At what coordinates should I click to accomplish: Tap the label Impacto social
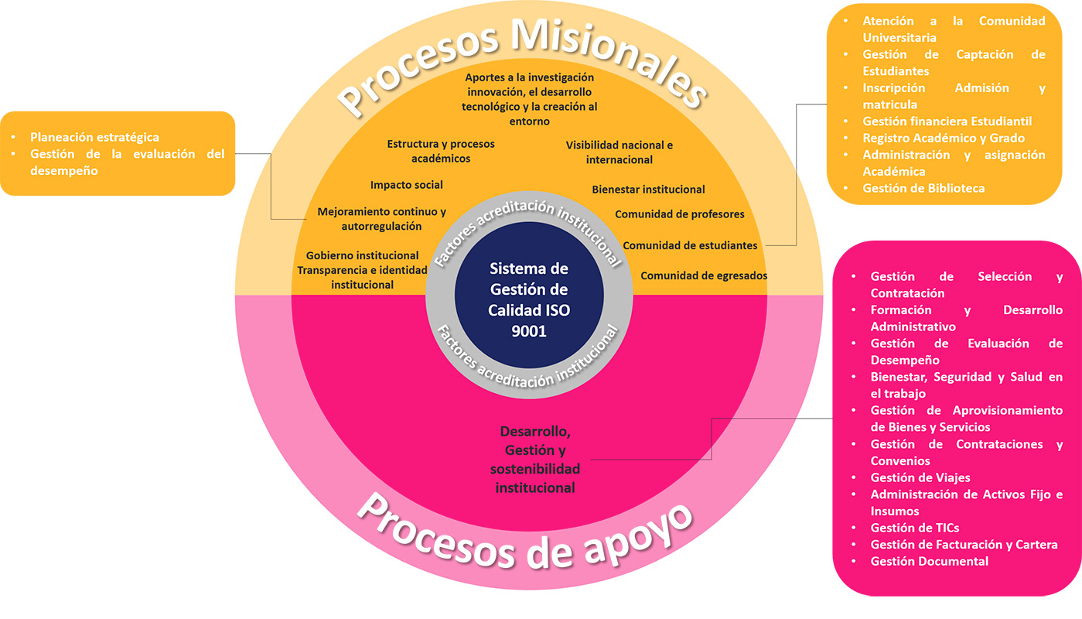(407, 185)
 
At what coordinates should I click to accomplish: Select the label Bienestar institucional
(648, 190)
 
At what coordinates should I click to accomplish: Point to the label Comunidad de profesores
(679, 214)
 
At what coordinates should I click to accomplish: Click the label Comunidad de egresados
(704, 275)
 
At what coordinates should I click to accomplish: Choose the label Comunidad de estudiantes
(690, 245)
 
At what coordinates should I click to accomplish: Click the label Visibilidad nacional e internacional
(619, 152)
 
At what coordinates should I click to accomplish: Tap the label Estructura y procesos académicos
(441, 151)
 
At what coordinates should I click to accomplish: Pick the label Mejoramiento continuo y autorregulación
(381, 219)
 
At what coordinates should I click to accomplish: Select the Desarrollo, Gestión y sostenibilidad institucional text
(535, 460)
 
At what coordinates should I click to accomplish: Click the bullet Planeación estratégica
(94, 138)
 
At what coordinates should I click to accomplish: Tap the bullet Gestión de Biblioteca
(923, 188)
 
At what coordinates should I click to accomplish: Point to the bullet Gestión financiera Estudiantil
(947, 121)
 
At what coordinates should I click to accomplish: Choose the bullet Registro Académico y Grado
(944, 138)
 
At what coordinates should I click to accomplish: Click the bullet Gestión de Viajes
(920, 477)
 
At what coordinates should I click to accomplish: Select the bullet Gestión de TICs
(914, 528)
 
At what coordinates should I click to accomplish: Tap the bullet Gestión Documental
(929, 561)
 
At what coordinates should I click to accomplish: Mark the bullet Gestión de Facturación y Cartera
(964, 545)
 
